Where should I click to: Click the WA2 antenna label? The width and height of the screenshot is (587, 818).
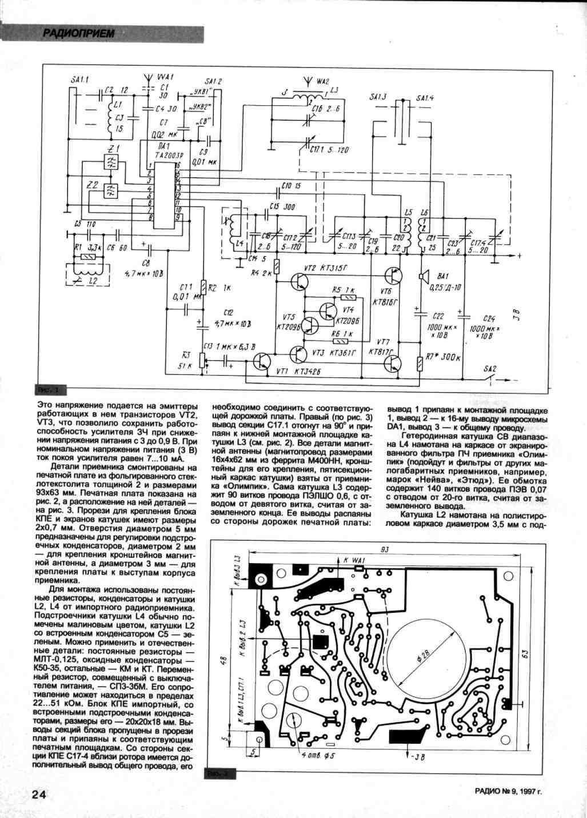314,82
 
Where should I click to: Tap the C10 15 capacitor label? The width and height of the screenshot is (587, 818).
291,186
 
